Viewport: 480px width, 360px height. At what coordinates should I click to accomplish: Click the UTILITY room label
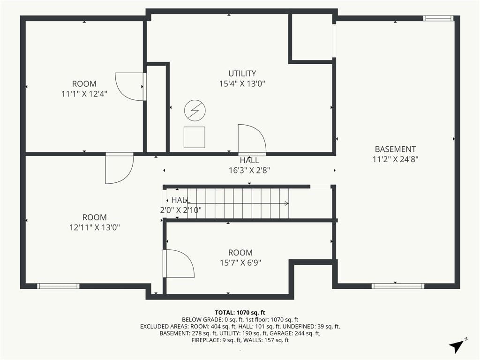(242, 74)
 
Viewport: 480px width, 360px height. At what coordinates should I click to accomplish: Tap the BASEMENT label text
(395, 149)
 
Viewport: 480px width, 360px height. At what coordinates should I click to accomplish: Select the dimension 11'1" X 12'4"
(84, 94)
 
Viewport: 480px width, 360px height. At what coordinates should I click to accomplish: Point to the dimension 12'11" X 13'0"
(94, 227)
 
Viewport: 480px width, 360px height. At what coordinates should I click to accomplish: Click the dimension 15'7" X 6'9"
(240, 262)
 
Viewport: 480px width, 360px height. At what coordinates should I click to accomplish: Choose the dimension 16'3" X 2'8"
(249, 170)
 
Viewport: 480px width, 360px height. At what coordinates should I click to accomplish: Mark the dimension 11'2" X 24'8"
(395, 159)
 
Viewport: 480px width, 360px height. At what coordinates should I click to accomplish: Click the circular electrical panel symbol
(195, 110)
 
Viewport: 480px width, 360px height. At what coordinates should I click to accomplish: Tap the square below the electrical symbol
(195, 137)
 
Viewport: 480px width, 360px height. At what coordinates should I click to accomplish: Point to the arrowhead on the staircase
(286, 203)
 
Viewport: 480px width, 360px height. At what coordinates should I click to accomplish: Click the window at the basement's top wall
(438, 19)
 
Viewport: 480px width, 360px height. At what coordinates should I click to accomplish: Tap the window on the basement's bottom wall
(398, 286)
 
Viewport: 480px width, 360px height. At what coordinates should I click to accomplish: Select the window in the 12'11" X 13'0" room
(58, 286)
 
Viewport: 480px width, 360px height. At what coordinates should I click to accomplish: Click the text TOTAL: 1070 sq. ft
(240, 313)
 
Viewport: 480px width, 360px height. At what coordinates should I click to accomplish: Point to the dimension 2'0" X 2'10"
(180, 210)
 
